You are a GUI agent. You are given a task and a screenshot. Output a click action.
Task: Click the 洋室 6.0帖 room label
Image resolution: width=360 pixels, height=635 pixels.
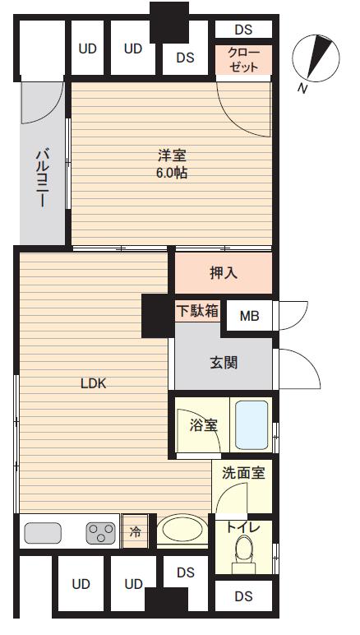pos(173,163)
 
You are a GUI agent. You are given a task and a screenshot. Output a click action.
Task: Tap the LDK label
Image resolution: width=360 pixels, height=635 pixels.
pos(94,382)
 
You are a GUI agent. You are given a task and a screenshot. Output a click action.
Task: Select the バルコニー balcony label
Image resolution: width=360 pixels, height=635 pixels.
pos(42,178)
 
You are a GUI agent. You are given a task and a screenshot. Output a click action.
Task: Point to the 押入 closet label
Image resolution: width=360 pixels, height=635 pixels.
pos(224,272)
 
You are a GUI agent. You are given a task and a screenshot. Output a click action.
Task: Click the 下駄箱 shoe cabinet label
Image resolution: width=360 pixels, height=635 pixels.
pos(197,311)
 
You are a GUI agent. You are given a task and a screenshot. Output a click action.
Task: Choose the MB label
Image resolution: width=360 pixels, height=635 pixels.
pos(249,315)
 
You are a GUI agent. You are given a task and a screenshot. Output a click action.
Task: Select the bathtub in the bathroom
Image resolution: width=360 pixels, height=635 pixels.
pos(252,424)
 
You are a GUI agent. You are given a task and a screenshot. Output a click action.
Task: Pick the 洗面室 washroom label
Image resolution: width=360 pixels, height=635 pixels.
pos(242,474)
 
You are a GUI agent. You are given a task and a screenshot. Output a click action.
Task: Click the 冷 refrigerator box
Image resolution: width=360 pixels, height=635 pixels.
pos(136,532)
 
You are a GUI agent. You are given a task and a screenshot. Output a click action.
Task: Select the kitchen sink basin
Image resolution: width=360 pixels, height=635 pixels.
pos(43,533)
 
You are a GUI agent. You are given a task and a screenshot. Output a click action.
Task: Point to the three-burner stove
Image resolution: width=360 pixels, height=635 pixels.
pos(101,533)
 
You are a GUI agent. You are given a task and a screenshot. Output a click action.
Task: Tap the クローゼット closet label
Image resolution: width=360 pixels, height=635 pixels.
pos(243,60)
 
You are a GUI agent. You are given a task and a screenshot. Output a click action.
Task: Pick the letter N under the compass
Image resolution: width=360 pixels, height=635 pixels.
pos(303,88)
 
